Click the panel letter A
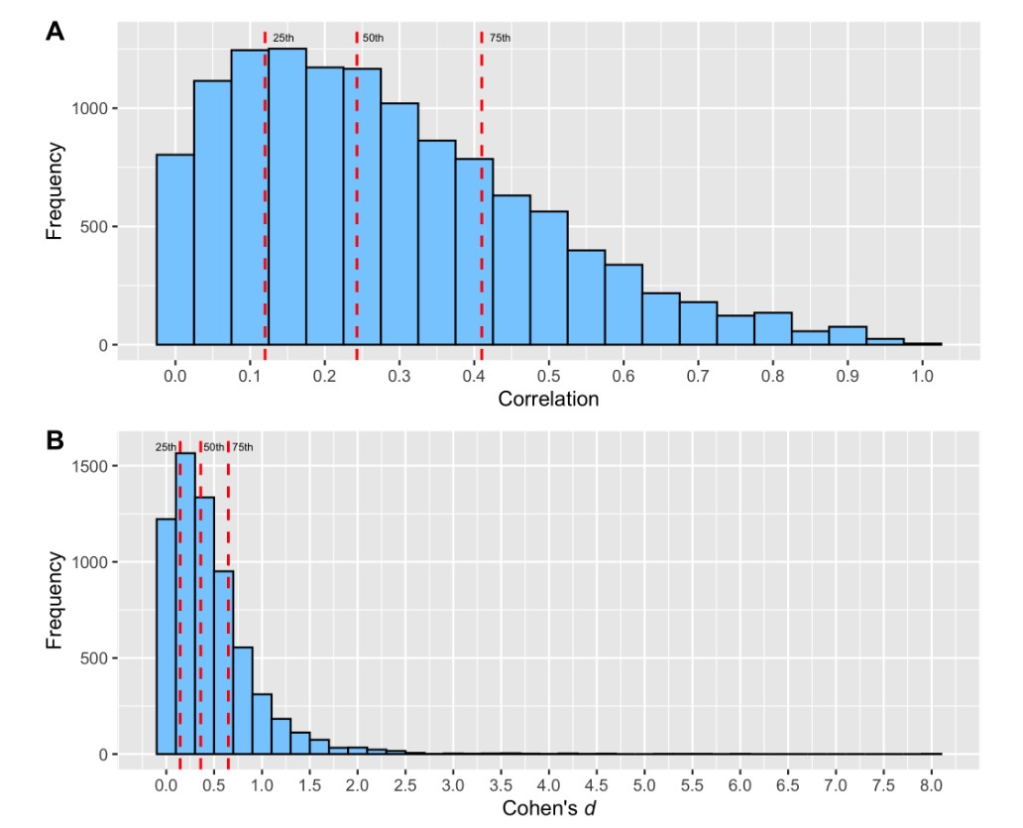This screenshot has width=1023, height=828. point(57,32)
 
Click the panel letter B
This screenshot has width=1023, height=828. point(57,441)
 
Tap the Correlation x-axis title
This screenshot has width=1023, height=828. point(548,400)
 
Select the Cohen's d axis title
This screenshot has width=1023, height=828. point(548,808)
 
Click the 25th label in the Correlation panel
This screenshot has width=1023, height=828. point(283,38)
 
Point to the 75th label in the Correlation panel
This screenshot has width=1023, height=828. point(500,38)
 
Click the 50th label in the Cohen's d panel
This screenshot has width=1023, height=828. point(213,447)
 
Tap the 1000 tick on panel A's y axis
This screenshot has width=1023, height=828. point(91,108)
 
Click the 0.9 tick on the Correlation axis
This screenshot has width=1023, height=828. point(848,376)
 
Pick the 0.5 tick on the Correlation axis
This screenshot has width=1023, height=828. point(548,376)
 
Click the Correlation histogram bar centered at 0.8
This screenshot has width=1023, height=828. point(773,329)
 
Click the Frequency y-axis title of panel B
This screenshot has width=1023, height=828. point(56,601)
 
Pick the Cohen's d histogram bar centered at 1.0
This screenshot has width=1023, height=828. point(262,724)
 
